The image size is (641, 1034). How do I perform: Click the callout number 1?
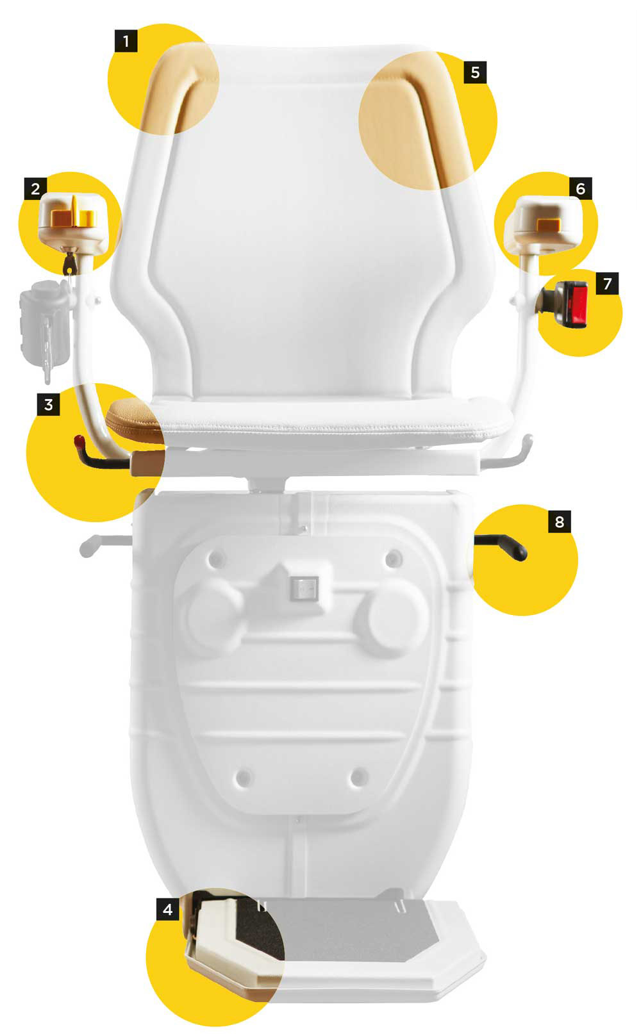(126, 42)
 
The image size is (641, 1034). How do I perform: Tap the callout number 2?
(35, 188)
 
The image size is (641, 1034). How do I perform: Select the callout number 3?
(49, 405)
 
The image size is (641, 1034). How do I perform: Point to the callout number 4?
(168, 909)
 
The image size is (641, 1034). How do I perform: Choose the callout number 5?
(475, 72)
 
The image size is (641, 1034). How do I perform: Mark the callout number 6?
(581, 188)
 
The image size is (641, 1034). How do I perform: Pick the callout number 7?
(608, 283)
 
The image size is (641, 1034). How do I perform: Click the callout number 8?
(560, 522)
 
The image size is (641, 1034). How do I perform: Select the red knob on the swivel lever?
(79, 440)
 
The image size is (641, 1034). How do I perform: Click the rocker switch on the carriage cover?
(304, 588)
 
